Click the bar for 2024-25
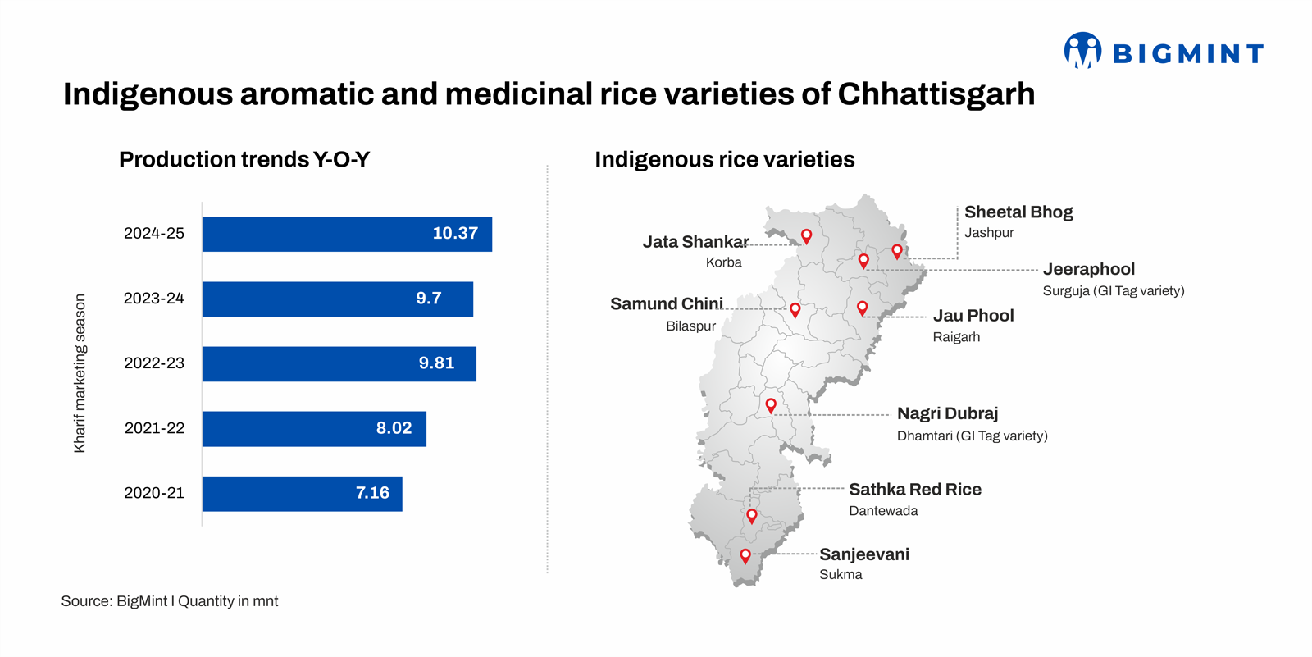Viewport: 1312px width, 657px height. click(x=347, y=234)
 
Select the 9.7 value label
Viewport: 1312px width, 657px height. click(x=428, y=299)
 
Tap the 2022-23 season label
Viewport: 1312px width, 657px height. click(x=154, y=363)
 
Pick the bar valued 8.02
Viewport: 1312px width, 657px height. click(x=314, y=428)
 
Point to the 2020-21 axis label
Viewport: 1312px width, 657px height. click(x=154, y=493)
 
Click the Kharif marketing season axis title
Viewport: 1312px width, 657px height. click(x=80, y=373)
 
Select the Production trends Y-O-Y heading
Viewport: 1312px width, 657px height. click(x=244, y=159)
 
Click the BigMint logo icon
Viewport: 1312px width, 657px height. click(x=1082, y=51)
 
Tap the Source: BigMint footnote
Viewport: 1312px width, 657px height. click(x=170, y=601)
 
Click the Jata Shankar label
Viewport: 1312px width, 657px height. click(x=695, y=242)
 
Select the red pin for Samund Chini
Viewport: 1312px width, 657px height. click(x=795, y=310)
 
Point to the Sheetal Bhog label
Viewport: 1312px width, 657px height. click(x=1018, y=212)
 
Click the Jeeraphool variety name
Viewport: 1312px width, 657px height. click(x=1088, y=269)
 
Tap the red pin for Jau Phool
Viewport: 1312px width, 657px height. click(x=862, y=308)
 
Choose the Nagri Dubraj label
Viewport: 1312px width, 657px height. click(x=947, y=413)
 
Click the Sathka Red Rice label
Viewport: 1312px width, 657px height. click(x=914, y=490)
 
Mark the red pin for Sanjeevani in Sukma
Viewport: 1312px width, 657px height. click(x=745, y=555)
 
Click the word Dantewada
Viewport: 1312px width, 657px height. click(x=883, y=511)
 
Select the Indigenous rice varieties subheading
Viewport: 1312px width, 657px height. click(x=724, y=159)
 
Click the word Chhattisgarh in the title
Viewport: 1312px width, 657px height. click(x=936, y=94)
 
